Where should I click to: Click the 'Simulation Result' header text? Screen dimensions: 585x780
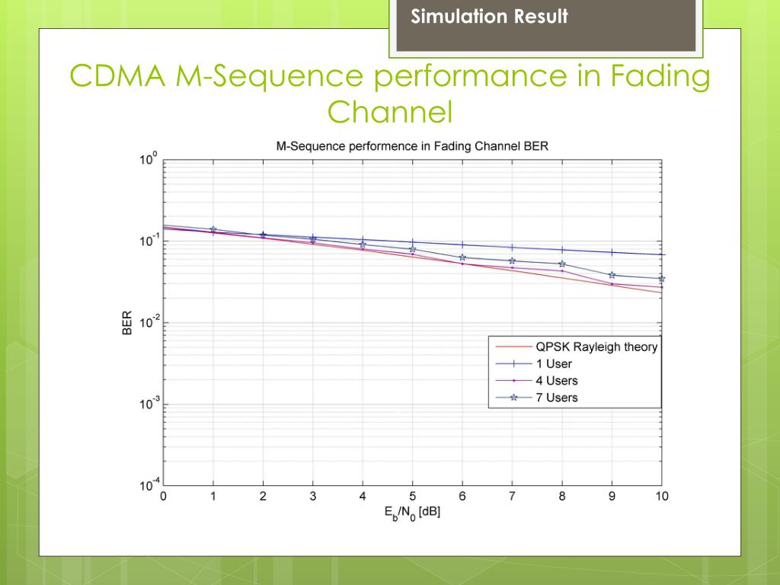(489, 17)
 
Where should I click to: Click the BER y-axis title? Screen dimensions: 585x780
(127, 322)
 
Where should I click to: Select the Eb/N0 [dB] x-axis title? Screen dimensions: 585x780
(412, 513)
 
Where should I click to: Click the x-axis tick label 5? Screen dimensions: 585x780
(412, 497)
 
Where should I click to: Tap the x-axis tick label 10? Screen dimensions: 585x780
(661, 497)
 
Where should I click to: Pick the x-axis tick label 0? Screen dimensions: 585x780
(163, 497)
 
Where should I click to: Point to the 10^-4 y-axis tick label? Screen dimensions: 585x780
(147, 484)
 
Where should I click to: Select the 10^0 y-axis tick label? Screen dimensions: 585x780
(148, 160)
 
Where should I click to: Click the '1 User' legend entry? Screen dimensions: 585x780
(559, 363)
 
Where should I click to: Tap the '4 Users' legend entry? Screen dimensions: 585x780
(562, 380)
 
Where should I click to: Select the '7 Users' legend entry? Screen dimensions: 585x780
(562, 397)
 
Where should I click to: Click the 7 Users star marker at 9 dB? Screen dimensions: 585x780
(612, 275)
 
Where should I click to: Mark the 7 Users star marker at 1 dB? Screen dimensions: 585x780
(213, 229)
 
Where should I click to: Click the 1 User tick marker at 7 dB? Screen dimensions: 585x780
(512, 247)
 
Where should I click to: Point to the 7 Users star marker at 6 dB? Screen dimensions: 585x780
(462, 257)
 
